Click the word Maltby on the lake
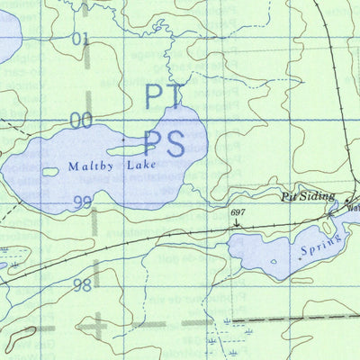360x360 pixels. (x=87, y=166)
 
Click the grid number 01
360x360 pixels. (x=82, y=40)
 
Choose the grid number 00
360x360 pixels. (x=81, y=120)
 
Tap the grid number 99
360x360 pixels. (x=82, y=202)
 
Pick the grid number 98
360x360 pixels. (x=82, y=284)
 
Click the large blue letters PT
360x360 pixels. (x=164, y=96)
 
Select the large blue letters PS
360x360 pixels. (x=165, y=143)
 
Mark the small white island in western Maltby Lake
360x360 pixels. (x=50, y=172)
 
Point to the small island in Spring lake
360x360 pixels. (x=294, y=255)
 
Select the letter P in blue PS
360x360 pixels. (x=152, y=143)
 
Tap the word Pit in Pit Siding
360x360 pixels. (x=288, y=196)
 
